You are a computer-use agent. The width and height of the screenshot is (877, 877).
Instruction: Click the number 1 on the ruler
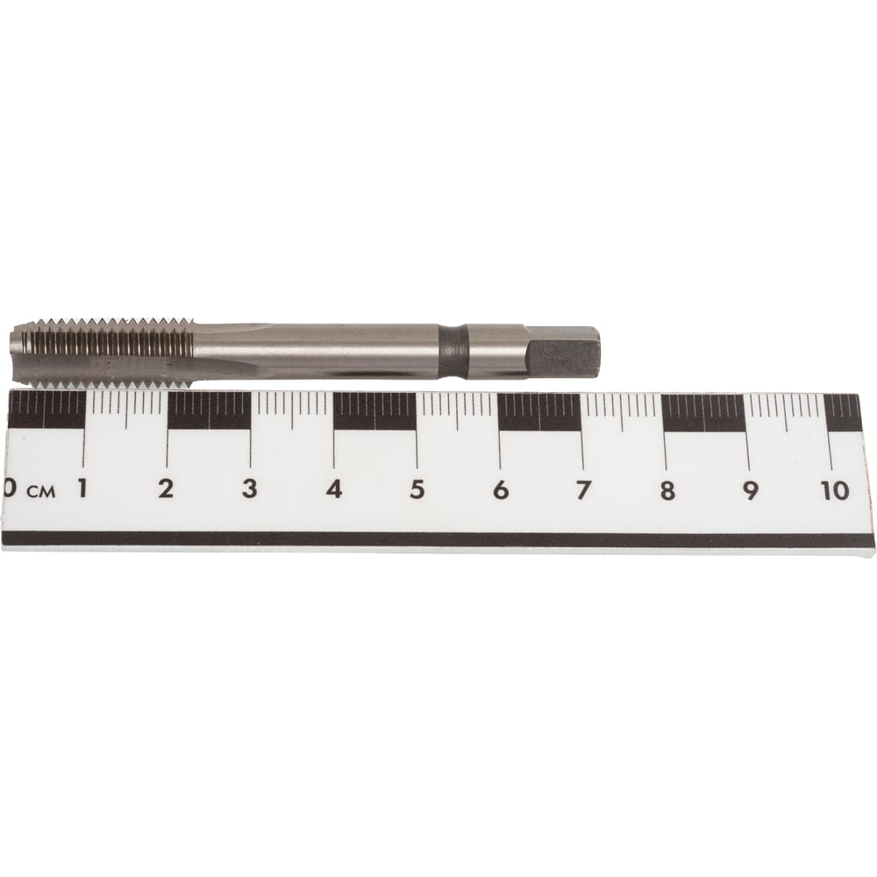click(x=82, y=488)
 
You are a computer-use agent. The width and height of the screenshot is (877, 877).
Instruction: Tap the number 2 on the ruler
click(x=166, y=488)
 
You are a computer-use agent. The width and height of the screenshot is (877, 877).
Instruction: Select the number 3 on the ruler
click(x=249, y=488)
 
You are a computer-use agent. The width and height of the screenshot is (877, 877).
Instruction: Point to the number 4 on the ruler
click(x=334, y=489)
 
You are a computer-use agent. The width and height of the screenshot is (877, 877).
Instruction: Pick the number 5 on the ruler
click(x=417, y=490)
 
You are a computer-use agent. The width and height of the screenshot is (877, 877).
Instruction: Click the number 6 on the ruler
click(x=501, y=490)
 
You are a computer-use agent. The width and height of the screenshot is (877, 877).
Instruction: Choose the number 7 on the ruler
click(x=583, y=490)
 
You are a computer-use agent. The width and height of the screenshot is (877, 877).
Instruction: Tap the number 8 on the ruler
click(x=667, y=491)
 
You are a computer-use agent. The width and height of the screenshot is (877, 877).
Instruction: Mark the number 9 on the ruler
click(x=751, y=491)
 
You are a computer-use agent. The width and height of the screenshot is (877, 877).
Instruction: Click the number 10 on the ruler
click(x=835, y=491)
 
